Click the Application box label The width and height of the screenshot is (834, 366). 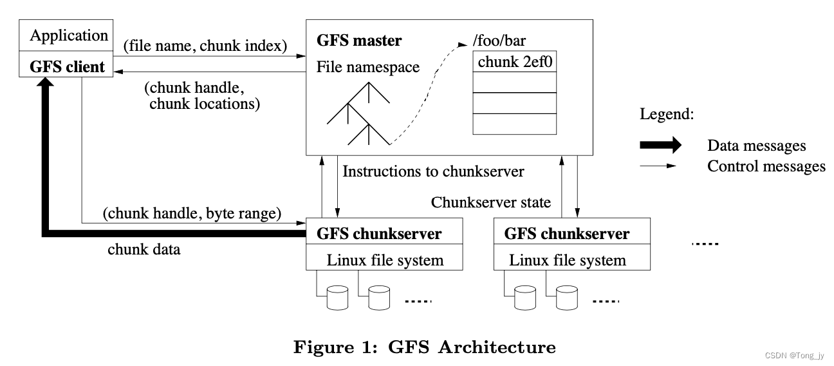pyautogui.click(x=69, y=35)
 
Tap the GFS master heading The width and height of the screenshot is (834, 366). pyautogui.click(x=359, y=41)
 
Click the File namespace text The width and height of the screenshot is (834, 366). pyautogui.click(x=368, y=67)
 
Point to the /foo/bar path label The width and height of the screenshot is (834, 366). pyautogui.click(x=498, y=41)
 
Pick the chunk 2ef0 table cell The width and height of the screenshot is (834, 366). pyautogui.click(x=514, y=62)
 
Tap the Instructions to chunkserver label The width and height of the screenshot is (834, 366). pyautogui.click(x=434, y=171)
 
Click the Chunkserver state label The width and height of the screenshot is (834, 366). pyautogui.click(x=491, y=202)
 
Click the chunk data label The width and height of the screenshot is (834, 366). pyautogui.click(x=144, y=249)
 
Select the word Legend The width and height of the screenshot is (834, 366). pyautogui.click(x=667, y=115)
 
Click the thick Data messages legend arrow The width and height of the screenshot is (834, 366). pyautogui.click(x=660, y=146)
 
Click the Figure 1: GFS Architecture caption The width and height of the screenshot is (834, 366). pyautogui.click(x=424, y=348)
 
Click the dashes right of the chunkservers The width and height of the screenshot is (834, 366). pyautogui.click(x=704, y=244)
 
